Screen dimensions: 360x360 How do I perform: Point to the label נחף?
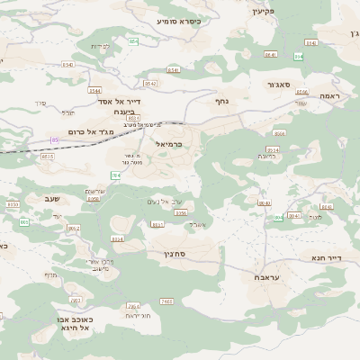(x=223, y=103)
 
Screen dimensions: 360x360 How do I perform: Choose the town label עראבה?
(x=258, y=279)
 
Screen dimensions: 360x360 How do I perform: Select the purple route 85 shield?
(x=54, y=139)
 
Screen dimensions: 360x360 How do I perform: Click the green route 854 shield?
(x=133, y=41)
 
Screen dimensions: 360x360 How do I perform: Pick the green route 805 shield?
(x=24, y=221)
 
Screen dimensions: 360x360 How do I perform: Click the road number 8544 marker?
(x=95, y=90)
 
